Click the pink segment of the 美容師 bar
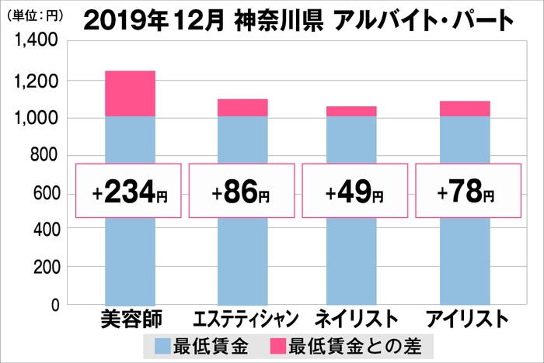click(x=130, y=94)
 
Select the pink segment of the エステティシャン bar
click(x=242, y=108)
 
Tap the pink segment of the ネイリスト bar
click(x=351, y=112)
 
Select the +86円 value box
click(x=242, y=191)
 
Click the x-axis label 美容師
click(x=129, y=319)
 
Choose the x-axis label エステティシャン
click(x=241, y=320)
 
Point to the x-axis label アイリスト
click(x=466, y=320)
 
